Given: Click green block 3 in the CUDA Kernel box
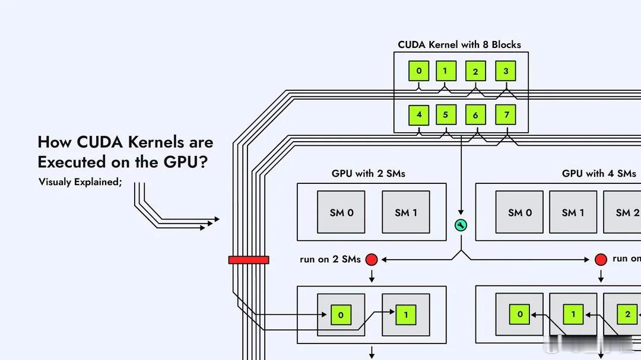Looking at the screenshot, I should tap(506, 71).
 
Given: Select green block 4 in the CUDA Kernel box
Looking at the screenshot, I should tap(419, 114).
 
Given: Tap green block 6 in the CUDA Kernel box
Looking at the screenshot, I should tap(475, 115).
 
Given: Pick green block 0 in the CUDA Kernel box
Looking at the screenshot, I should tap(418, 71).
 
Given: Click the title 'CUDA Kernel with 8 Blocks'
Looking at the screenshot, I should tap(459, 44).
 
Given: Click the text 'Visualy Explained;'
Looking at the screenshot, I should tap(80, 182).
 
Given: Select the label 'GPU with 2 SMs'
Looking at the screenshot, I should tap(369, 174).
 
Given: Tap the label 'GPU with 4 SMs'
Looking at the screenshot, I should tap(599, 174).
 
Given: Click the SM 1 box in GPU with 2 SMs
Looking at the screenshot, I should tap(407, 212).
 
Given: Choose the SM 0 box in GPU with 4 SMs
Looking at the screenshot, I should tap(520, 212).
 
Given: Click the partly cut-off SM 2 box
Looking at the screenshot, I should tap(623, 212).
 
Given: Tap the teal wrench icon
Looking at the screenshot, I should tap(461, 225).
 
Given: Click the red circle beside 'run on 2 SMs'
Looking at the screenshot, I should tap(372, 259).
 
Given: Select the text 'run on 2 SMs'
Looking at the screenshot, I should tap(331, 259).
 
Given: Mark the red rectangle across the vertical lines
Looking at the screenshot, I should tap(249, 260).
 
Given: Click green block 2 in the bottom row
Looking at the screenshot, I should tap(628, 314).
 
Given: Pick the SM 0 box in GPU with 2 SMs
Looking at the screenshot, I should tap(341, 212).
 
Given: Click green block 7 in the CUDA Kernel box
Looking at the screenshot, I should tap(506, 114).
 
